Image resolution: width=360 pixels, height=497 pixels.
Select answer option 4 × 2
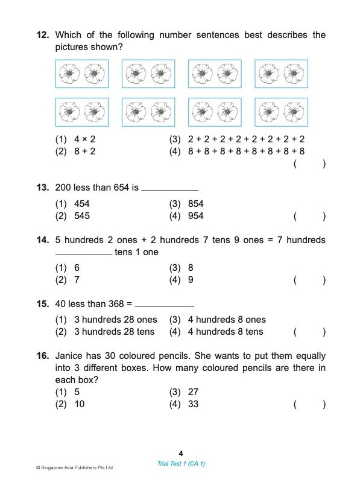point(84,139)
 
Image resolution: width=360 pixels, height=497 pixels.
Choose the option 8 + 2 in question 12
point(84,152)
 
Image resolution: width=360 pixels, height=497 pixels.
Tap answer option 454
point(81,204)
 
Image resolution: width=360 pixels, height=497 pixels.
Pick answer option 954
point(195,216)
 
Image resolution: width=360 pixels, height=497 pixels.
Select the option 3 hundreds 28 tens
point(114,332)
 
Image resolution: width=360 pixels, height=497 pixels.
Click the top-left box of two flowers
point(81,74)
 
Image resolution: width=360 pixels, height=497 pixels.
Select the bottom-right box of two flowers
point(280,112)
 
